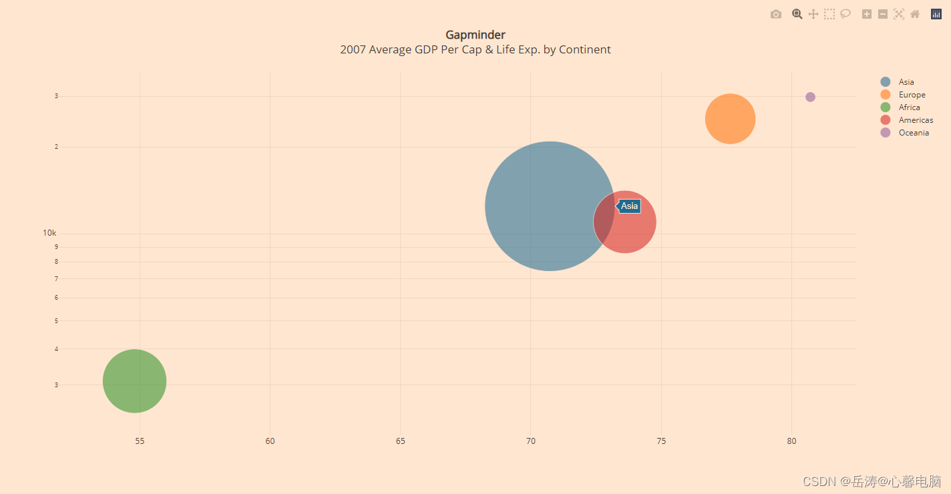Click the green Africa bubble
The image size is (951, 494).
(134, 381)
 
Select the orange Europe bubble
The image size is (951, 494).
(730, 119)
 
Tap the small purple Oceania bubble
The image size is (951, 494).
(810, 97)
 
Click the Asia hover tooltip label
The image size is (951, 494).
(628, 206)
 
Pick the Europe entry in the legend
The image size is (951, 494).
(911, 95)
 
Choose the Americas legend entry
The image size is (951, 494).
(915, 120)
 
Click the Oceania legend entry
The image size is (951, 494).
(913, 133)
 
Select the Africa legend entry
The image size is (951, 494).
(909, 107)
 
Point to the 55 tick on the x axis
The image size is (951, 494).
(140, 441)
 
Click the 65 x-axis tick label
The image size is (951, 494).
(400, 441)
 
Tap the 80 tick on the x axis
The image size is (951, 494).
(791, 441)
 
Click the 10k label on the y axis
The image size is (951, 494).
(49, 233)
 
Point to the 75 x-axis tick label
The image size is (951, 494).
(661, 441)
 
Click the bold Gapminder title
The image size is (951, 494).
(475, 35)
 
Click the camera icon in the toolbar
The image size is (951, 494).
(775, 14)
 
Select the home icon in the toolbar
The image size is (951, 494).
(915, 14)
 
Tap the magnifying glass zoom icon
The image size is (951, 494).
(797, 14)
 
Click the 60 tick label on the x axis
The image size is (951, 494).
(270, 441)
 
